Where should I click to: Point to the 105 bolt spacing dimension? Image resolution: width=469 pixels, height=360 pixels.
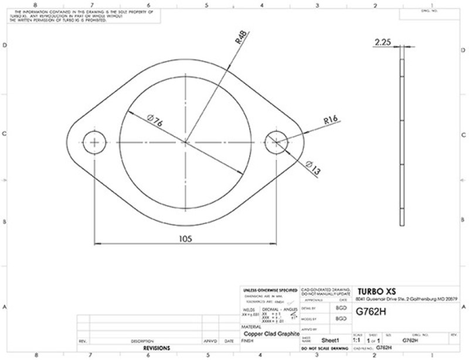(186, 239)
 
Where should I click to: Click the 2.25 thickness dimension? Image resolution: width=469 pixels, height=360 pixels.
(382, 42)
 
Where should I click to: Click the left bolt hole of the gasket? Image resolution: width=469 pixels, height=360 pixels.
(94, 142)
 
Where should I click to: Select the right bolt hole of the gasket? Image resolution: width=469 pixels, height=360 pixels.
(277, 142)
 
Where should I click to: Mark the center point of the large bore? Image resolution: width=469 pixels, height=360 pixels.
(186, 142)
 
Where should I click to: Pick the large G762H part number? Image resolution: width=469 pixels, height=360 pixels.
(371, 312)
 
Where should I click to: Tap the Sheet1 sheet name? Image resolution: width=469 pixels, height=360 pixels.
(332, 340)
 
